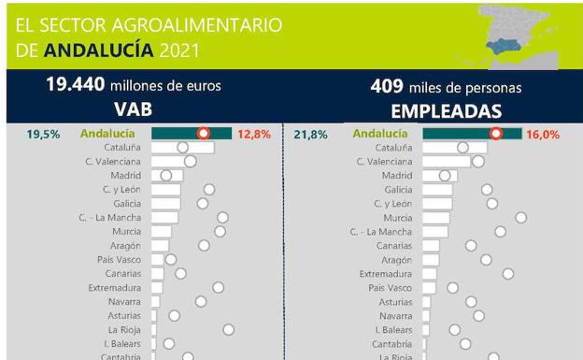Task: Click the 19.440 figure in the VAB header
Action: pos(76,86)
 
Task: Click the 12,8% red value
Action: pos(254,135)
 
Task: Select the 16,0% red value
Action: pos(543,135)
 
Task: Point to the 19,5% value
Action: pos(44,135)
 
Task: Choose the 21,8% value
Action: pos(311,135)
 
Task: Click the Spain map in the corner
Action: pos(519,34)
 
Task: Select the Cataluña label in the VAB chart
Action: pos(122,148)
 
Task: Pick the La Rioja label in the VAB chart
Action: pos(125,329)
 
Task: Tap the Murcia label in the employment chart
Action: pos(397,217)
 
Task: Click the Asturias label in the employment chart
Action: pos(395,302)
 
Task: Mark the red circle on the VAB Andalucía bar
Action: pos(203,134)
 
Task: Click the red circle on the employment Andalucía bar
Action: pos(496,134)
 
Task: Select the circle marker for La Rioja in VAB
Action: pos(228,329)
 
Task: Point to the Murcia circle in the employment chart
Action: pos(521,217)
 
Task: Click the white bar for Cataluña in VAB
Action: pos(182,148)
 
